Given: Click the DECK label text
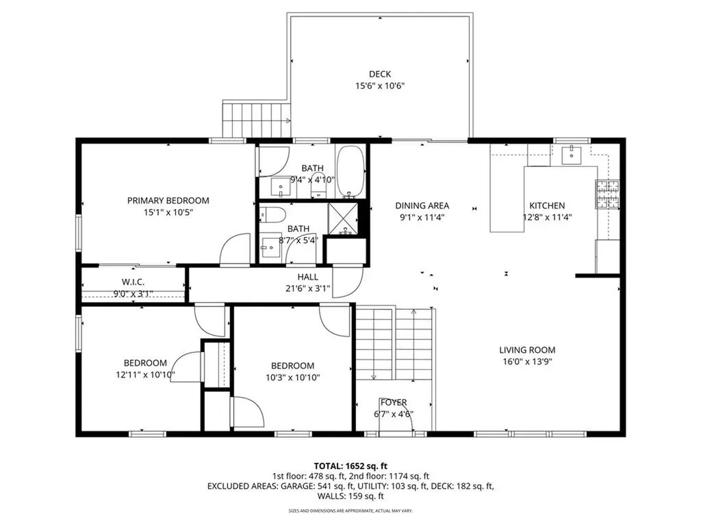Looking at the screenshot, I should coord(380,75).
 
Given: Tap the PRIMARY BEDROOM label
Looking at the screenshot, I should coord(168,200).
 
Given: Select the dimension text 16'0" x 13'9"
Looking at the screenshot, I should coord(526,362).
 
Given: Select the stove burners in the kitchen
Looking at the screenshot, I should coord(606,193).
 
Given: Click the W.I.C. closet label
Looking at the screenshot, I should coord(133,282).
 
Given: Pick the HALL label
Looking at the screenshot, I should coord(307,277).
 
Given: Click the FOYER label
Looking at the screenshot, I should coord(394,402).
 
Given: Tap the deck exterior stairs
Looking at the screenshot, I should coord(255,120).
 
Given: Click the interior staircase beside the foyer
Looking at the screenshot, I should coord(395,343).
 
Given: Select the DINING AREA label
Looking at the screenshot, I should coord(422,205).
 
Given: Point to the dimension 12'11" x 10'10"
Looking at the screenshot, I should coord(145,375).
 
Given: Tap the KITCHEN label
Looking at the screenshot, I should coord(546,205).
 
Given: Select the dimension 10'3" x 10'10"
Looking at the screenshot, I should coord(292,377).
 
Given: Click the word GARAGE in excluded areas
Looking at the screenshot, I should coord(298,487).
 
